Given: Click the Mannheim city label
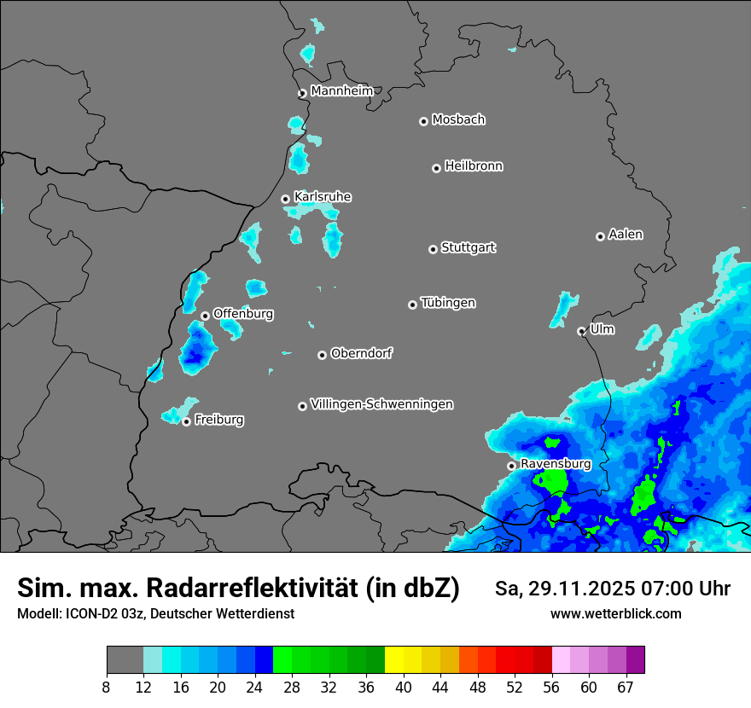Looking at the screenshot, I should pyautogui.click(x=341, y=91).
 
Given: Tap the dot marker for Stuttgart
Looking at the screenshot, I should pyautogui.click(x=434, y=249).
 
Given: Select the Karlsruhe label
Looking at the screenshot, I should pyautogui.click(x=322, y=197).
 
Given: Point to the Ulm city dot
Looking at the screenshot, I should pyautogui.click(x=582, y=331).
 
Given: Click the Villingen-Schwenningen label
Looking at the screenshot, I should pyautogui.click(x=381, y=404).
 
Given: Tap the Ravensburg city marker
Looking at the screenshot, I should pyautogui.click(x=512, y=466).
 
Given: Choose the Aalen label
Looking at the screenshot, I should pyautogui.click(x=626, y=235).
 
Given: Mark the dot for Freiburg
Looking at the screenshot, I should pyautogui.click(x=186, y=421).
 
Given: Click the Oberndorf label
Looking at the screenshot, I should pyautogui.click(x=361, y=353).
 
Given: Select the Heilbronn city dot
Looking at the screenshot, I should pyautogui.click(x=437, y=168).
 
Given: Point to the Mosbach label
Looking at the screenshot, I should pyautogui.click(x=458, y=120).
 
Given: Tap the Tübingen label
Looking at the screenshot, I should pyautogui.click(x=448, y=303).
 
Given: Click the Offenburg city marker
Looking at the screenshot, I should pyautogui.click(x=205, y=316).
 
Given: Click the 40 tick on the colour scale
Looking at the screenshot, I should pyautogui.click(x=403, y=688).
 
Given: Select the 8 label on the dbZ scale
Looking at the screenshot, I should pyautogui.click(x=107, y=688).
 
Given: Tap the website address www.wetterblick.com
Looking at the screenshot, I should pyautogui.click(x=616, y=613).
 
